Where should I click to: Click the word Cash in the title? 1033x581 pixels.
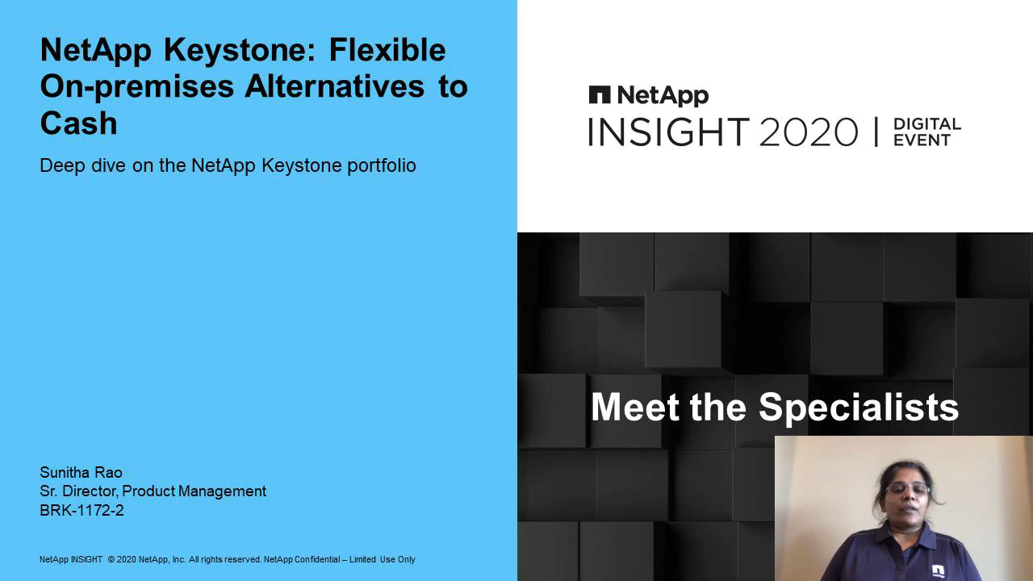(x=79, y=123)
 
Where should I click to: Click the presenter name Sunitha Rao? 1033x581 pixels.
(x=82, y=472)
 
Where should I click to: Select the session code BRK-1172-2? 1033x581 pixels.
(x=82, y=510)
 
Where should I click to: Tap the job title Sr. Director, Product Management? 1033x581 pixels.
(x=153, y=491)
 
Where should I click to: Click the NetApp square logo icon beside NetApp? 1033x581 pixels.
(x=600, y=94)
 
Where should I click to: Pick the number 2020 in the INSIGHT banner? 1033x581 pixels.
(x=809, y=132)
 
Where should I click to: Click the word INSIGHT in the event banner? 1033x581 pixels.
(x=669, y=132)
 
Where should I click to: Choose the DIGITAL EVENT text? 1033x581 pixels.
(x=927, y=132)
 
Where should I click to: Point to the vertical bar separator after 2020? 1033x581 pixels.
(x=876, y=132)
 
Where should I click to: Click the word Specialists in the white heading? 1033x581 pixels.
(x=859, y=408)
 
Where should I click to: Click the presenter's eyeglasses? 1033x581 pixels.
(x=908, y=489)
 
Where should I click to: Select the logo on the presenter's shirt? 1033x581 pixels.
(x=938, y=571)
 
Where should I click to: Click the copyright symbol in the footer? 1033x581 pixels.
(x=111, y=559)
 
